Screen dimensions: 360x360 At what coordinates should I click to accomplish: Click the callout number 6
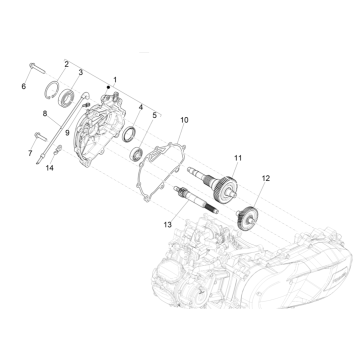[x=23, y=86]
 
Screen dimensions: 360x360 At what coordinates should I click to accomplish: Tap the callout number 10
[x=184, y=120]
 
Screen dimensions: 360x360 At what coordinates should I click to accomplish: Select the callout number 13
[x=168, y=225]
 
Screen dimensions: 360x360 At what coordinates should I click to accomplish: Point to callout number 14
[x=50, y=168]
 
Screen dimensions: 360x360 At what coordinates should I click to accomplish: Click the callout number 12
[x=266, y=178]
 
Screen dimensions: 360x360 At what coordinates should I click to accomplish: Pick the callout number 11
[x=238, y=158]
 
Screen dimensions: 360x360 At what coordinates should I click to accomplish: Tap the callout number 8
[x=45, y=114]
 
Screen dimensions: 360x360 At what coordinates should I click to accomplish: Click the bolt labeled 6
[x=37, y=67]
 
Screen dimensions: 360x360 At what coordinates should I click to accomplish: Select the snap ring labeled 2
[x=52, y=91]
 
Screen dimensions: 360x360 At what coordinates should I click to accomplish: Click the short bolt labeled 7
[x=41, y=137]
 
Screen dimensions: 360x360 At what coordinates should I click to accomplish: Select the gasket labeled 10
[x=161, y=172]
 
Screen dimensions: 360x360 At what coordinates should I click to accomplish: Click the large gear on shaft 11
[x=227, y=188]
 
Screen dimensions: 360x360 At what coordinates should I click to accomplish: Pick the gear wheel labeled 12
[x=246, y=218]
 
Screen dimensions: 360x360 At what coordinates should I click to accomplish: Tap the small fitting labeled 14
[x=58, y=150]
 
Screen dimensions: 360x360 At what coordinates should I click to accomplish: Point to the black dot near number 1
[x=108, y=87]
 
